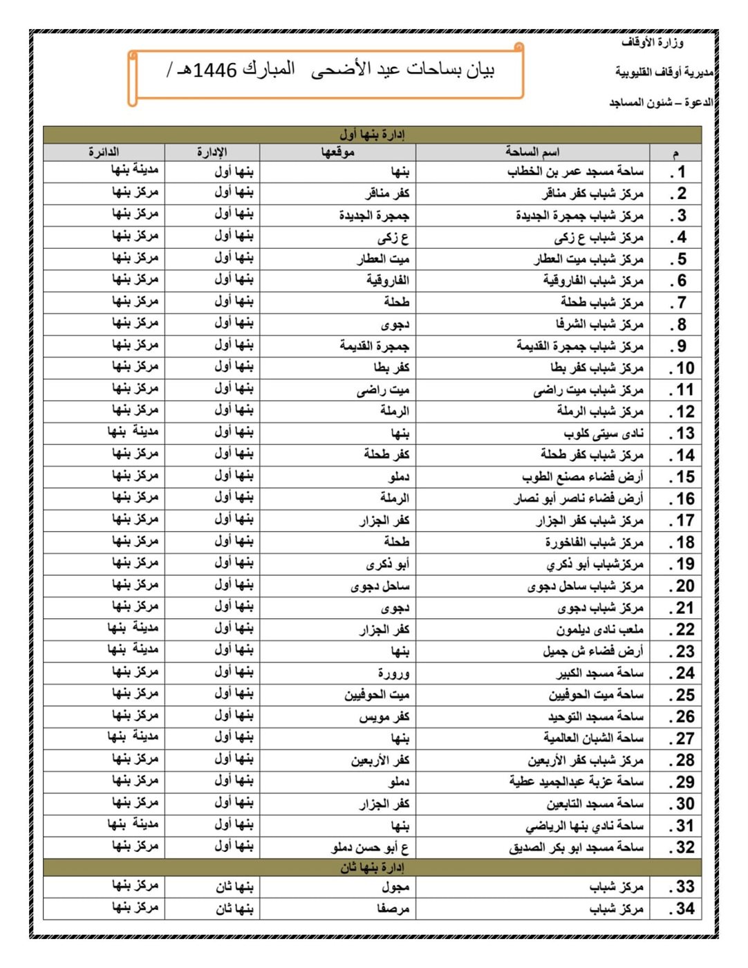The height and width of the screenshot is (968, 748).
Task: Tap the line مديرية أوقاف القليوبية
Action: point(664,72)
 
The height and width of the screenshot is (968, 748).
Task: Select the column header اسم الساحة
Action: point(532,152)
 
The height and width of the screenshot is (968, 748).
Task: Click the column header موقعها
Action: point(337,152)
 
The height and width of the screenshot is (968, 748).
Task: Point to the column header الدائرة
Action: point(104,152)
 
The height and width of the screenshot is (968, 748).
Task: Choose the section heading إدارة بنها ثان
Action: point(372,868)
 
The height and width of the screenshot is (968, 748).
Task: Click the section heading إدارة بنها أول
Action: point(372,134)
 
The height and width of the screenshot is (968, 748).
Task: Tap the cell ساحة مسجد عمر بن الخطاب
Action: point(575,171)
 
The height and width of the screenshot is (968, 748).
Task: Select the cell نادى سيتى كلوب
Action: point(604,434)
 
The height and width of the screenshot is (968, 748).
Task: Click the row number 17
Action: point(682,521)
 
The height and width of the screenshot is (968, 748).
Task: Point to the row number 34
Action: point(682,909)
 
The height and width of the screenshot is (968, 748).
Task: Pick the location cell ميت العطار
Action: point(383,259)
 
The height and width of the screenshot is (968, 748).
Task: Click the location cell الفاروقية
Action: point(388,281)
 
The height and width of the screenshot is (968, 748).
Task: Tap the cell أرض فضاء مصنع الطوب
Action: point(582,477)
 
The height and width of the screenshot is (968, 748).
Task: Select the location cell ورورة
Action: point(393,673)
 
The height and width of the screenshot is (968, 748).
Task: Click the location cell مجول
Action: point(395,887)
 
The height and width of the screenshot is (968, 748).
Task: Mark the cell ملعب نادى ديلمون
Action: point(599,630)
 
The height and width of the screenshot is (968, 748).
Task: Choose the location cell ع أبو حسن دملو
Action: point(370,848)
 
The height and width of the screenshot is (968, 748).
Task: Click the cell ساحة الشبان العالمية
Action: point(593,738)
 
